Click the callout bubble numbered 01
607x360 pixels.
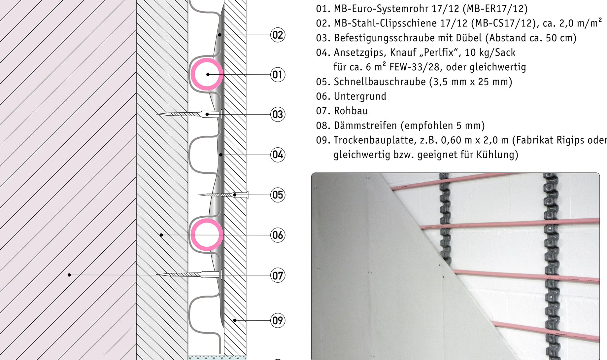[278, 75]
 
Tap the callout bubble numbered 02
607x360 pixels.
[278, 35]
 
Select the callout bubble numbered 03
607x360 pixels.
[278, 115]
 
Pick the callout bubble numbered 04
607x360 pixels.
[278, 155]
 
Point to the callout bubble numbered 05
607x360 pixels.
[278, 195]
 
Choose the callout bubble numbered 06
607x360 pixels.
[278, 235]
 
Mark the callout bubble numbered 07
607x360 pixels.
[278, 275]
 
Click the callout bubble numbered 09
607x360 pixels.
[278, 320]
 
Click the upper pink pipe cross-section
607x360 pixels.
[207, 59]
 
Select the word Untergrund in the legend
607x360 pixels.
[360, 96]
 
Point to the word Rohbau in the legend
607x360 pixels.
[351, 111]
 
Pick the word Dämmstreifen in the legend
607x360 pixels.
[365, 126]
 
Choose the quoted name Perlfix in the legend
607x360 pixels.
[439, 52]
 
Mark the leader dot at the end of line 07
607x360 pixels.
[69, 275]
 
